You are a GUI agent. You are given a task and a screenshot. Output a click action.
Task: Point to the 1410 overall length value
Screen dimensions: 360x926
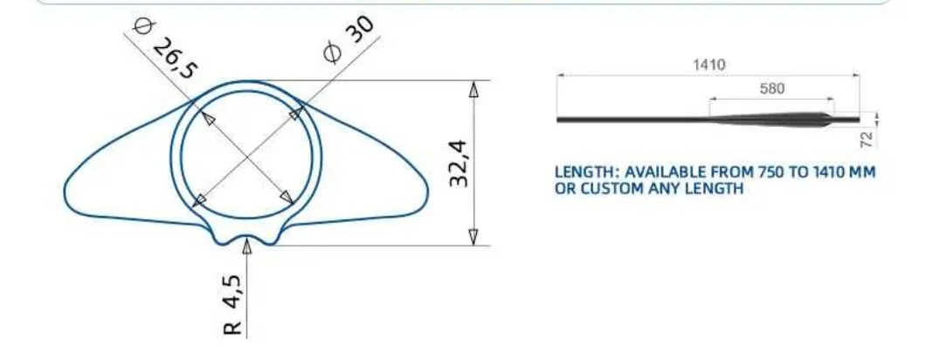click(708, 65)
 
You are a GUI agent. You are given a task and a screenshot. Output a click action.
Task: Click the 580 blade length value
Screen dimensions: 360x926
click(772, 88)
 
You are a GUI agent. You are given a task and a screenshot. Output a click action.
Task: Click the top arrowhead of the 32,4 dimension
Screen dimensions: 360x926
click(473, 88)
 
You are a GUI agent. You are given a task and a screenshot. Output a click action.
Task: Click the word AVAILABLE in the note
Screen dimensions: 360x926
click(665, 172)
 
